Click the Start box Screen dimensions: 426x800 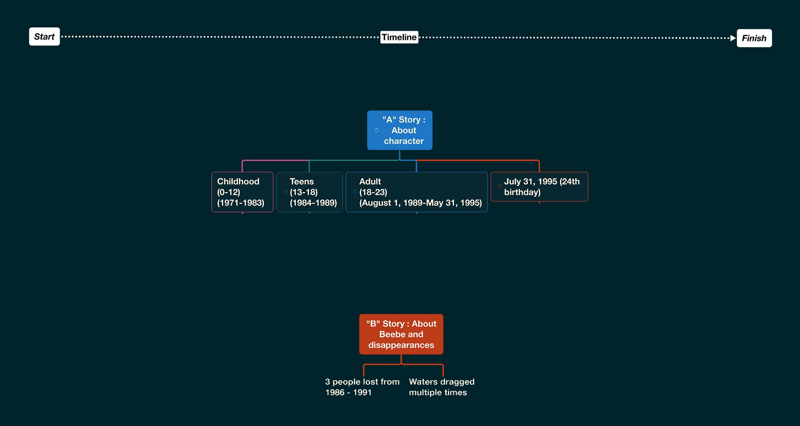point(44,36)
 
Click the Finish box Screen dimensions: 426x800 point(754,38)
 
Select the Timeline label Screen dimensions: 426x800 point(399,37)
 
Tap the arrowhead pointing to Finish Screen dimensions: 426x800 point(733,38)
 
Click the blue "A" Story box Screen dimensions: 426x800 point(399,130)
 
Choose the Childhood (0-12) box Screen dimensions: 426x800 point(242,192)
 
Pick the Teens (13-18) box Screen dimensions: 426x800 point(309,192)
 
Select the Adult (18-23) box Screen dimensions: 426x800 point(416,192)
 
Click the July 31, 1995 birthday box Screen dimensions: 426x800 point(539,187)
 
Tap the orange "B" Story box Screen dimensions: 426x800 point(401,334)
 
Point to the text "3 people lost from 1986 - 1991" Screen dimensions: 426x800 point(362,387)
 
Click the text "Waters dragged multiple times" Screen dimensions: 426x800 point(441,387)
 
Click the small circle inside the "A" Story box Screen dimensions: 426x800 point(376,130)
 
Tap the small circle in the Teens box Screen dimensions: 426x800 point(285,192)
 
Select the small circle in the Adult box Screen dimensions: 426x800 point(355,192)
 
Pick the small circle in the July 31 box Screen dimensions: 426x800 point(500,187)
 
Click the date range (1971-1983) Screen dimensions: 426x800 point(241,203)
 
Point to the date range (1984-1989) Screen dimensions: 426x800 point(313,203)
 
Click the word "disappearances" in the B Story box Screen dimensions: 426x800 point(401,345)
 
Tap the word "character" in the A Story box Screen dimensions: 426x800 point(404,141)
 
